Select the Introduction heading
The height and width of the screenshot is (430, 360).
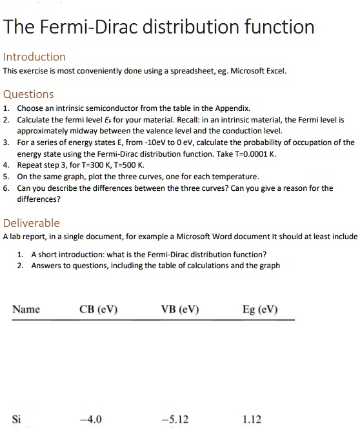click(x=34, y=57)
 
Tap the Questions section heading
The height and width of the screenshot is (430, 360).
click(x=29, y=94)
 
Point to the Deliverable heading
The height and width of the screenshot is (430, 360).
click(x=32, y=223)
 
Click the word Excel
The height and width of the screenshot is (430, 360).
click(x=274, y=71)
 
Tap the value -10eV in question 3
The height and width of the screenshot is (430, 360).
click(x=151, y=142)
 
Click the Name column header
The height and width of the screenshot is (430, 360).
click(x=26, y=309)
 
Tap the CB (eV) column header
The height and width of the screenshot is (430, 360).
click(x=98, y=309)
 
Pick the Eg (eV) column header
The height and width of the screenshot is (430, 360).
click(x=260, y=309)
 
